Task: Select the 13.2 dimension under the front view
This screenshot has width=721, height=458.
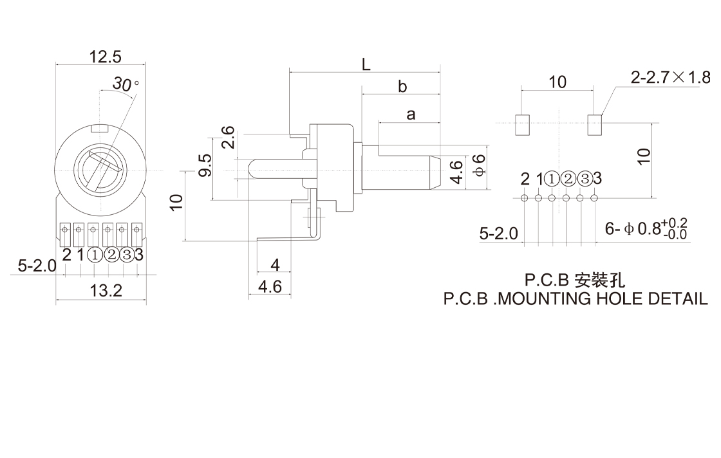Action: [106, 291]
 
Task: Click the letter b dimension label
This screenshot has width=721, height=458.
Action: [402, 86]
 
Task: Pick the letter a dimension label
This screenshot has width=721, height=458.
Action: [411, 114]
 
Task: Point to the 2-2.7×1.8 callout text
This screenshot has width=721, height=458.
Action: [671, 78]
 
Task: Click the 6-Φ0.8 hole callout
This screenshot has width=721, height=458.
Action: [646, 229]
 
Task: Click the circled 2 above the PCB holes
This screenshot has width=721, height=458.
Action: [567, 179]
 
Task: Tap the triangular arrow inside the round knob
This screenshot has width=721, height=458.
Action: [113, 165]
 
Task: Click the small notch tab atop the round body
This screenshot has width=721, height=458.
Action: [100, 128]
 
